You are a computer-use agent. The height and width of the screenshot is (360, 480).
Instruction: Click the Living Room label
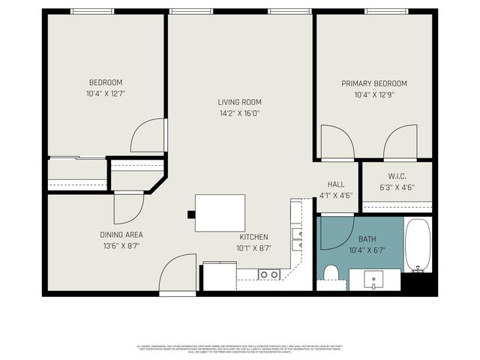click(x=239, y=102)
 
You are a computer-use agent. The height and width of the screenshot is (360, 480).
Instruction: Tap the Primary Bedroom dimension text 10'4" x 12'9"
click(x=374, y=95)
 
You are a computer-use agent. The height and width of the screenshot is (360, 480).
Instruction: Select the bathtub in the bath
click(x=418, y=245)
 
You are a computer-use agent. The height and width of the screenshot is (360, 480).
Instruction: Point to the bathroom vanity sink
click(x=374, y=280)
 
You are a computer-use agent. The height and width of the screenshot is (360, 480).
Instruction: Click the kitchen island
click(x=220, y=214)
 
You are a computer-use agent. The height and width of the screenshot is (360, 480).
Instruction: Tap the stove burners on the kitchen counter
click(x=268, y=274)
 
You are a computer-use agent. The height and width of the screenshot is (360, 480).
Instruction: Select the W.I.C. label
click(x=397, y=177)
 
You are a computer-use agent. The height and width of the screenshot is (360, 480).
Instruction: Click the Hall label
click(x=336, y=184)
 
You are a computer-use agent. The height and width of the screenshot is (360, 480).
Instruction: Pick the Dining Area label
click(x=121, y=234)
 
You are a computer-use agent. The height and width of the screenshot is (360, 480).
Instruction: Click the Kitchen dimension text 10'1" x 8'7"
click(x=254, y=247)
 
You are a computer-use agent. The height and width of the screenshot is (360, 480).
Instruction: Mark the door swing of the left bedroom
click(x=147, y=136)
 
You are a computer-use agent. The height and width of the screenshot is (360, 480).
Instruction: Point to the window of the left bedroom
click(x=92, y=11)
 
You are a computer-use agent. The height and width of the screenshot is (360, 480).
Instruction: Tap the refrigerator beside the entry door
click(x=220, y=276)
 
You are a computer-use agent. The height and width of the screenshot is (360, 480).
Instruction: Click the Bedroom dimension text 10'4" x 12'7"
click(x=106, y=94)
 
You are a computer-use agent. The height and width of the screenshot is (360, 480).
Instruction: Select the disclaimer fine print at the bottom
click(x=239, y=348)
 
